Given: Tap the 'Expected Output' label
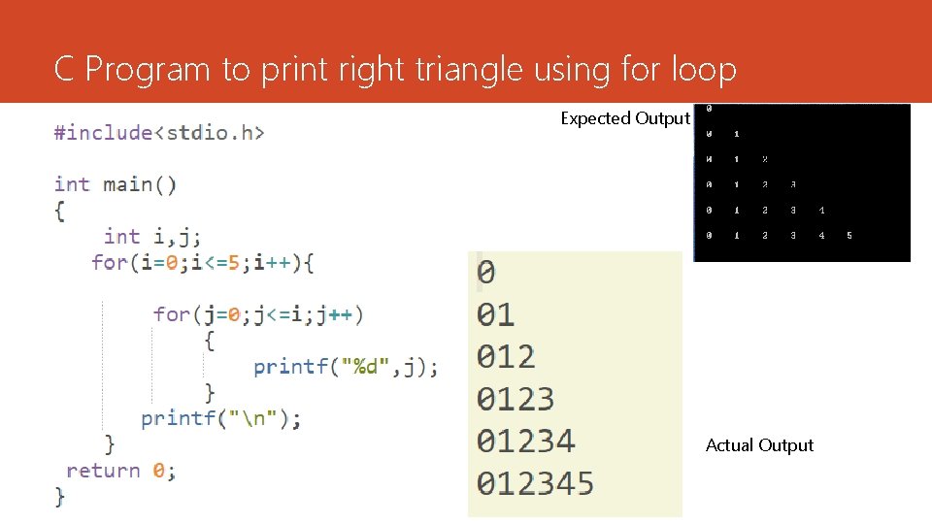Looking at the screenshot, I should point(625,118).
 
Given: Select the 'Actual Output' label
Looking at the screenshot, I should point(759,445).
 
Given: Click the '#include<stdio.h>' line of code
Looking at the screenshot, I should point(160,132).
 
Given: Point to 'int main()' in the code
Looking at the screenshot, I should point(116,184).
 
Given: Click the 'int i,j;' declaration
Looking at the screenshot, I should point(152,236).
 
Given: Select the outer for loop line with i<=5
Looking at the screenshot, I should point(202,262).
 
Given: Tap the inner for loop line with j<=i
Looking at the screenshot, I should point(257,314).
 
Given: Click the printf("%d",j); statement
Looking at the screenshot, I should point(346,367).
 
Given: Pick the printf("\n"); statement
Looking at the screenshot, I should point(221,418).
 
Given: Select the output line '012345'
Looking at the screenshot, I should point(535,483).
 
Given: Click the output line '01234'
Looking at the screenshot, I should point(525,441).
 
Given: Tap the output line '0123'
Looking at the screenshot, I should point(516,398).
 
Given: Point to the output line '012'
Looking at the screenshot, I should point(506,356).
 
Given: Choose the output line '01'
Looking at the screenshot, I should point(495,314).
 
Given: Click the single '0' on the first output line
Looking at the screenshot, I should point(485,273).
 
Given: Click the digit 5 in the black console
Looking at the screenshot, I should point(849,236).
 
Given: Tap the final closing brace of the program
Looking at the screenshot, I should point(60,496).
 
